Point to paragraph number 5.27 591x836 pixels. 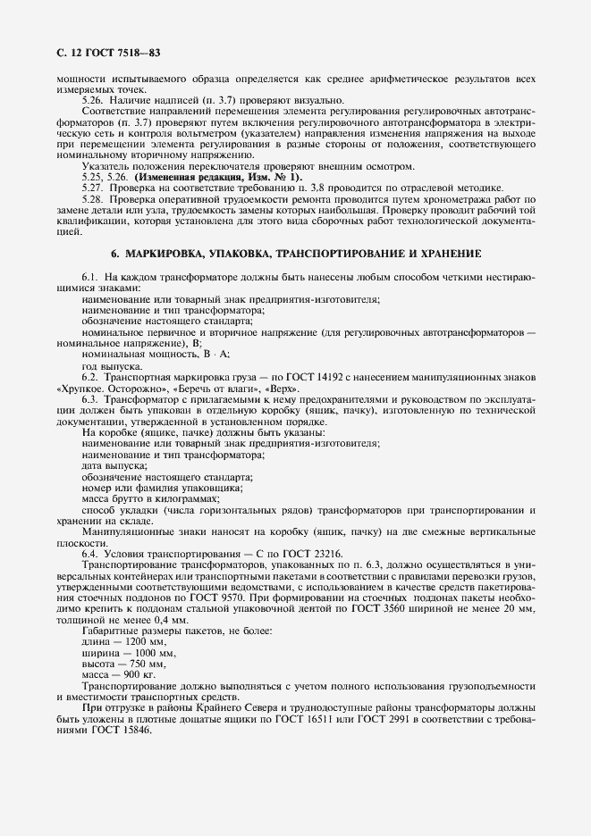pyautogui.click(x=92, y=188)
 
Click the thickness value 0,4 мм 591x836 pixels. pyautogui.click(x=146, y=619)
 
